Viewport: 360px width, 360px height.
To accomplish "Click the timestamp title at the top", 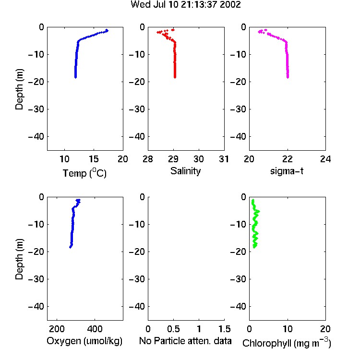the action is tap(185, 5).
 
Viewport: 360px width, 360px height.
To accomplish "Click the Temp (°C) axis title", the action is tap(84, 173).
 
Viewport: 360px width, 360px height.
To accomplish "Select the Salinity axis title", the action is tap(185, 171).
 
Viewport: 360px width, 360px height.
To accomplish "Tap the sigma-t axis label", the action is tap(287, 171).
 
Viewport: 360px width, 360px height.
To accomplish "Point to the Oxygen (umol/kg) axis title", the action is tap(84, 341).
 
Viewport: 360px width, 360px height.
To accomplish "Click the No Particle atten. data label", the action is tap(185, 341).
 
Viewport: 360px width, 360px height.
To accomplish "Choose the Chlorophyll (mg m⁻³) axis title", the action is tap(287, 343).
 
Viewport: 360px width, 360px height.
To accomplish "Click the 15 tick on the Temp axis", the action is tap(94, 159).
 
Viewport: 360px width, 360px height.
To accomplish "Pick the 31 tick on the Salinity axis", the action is tap(224, 159).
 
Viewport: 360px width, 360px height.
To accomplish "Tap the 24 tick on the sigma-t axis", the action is tap(325, 159).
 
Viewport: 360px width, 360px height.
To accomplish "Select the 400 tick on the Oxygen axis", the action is tap(95, 329).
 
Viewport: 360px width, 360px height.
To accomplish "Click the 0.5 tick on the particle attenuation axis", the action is tap(174, 329).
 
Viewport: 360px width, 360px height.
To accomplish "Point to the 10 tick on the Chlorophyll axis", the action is tap(288, 329).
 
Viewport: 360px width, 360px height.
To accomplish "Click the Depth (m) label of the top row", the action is tap(19, 89).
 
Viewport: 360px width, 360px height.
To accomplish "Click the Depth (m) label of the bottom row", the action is tap(19, 259).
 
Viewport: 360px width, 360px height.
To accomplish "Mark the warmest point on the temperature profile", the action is tap(107, 30).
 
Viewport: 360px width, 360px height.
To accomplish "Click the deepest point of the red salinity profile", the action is tap(175, 77).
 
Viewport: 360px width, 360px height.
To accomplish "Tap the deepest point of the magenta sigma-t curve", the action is tap(288, 77).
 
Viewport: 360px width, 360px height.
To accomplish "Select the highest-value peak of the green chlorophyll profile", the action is tap(259, 211).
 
